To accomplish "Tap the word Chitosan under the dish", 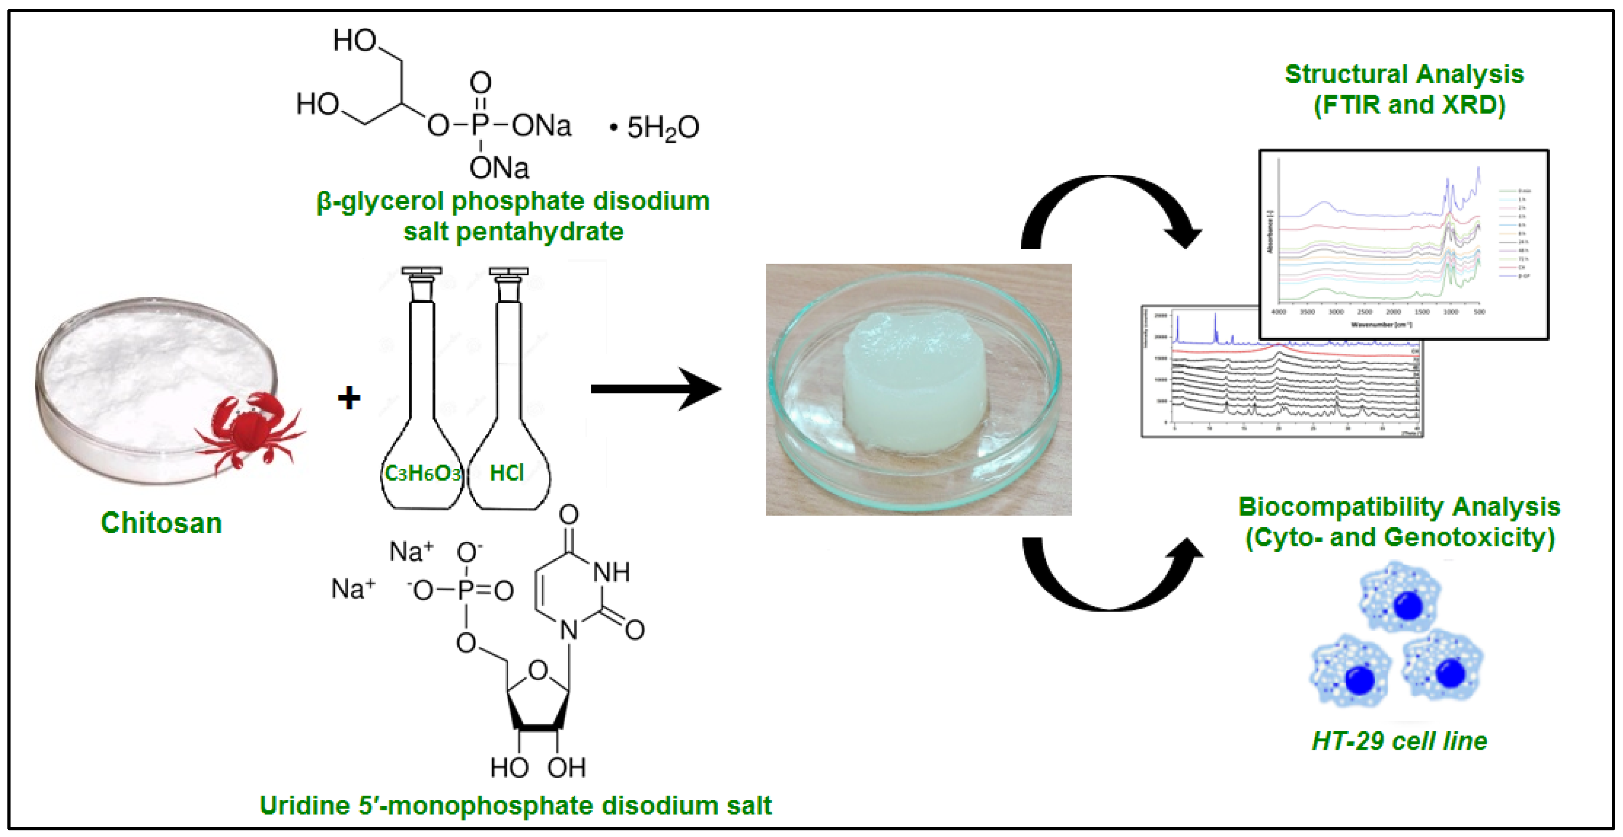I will point(161,523).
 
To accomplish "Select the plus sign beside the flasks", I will point(348,398).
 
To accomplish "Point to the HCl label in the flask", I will point(507,472).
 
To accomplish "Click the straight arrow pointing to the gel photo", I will point(655,389).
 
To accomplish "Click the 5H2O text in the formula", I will point(662,128).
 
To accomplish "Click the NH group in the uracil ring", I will point(611,572).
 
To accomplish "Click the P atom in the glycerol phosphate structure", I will point(480,126).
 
